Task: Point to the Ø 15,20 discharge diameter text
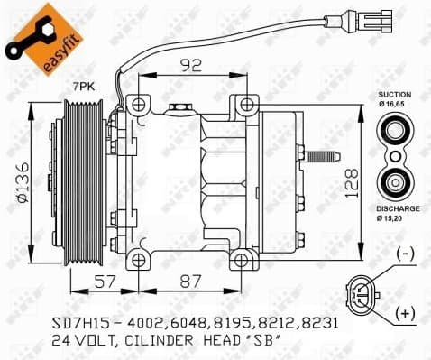point(394,219)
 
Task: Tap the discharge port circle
point(394,185)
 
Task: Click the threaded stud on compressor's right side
point(324,157)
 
